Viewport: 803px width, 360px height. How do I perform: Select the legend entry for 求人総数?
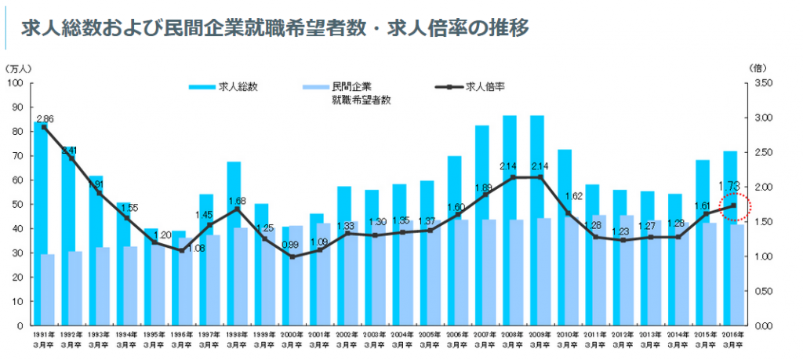223,87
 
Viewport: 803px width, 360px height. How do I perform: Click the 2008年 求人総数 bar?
510,220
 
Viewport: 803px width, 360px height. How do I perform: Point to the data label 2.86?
45,118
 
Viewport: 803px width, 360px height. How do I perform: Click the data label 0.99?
292,246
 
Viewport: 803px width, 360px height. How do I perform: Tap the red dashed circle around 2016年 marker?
735,206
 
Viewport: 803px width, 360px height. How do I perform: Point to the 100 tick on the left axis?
17,82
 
